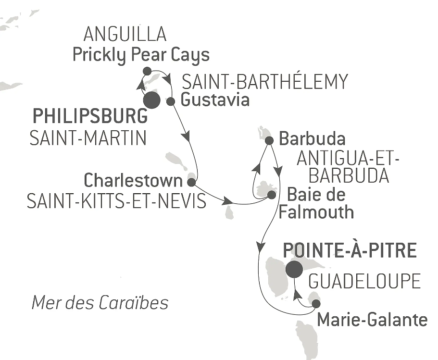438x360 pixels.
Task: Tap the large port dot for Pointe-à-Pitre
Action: [x=294, y=270]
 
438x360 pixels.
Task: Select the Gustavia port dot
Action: [x=170, y=101]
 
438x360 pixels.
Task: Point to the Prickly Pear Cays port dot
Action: [x=147, y=71]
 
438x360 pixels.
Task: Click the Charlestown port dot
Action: [x=191, y=182]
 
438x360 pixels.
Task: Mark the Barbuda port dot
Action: [x=269, y=141]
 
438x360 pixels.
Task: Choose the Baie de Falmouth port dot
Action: [x=271, y=195]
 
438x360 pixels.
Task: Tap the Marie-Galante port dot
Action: [x=316, y=304]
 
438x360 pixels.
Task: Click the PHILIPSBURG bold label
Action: [x=89, y=117]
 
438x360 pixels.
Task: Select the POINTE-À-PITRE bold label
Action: [x=349, y=250]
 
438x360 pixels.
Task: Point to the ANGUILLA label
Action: [x=125, y=35]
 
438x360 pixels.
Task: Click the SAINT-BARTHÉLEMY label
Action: [x=264, y=82]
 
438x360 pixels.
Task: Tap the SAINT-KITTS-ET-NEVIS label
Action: [x=116, y=201]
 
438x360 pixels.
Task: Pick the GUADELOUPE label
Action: [x=364, y=281]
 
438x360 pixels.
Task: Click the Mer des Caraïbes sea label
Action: [x=100, y=303]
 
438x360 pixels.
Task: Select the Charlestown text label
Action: [x=133, y=181]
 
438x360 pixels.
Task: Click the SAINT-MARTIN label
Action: [x=88, y=138]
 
